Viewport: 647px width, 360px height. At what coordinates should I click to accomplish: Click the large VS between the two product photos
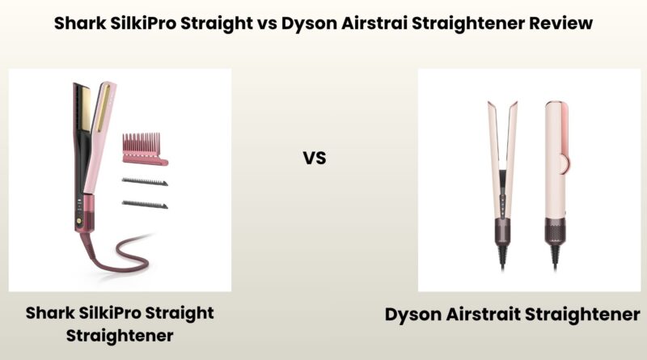coord(315,157)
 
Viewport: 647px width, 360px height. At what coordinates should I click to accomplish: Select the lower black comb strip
coord(144,204)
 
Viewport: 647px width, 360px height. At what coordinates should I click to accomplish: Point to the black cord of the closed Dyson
coord(556,257)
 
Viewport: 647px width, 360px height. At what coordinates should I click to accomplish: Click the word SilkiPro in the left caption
coord(130,312)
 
